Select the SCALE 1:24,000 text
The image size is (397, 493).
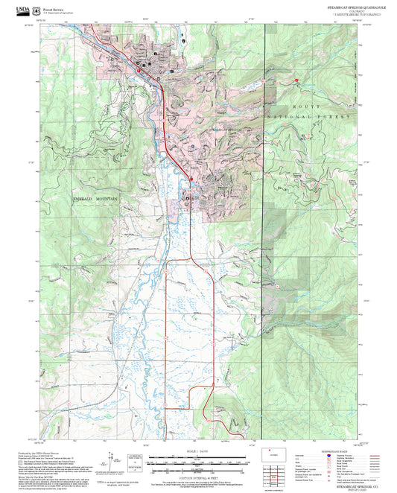(197, 451)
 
